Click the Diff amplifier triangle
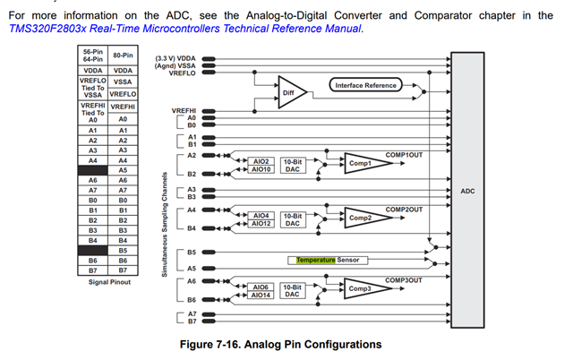point(288,92)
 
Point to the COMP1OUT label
point(403,154)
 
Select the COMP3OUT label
point(403,279)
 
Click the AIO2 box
point(261,161)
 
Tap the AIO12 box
point(261,224)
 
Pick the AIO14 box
point(261,295)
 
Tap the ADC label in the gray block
point(467,191)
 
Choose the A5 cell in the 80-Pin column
point(123,170)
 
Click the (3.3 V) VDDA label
point(175,58)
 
